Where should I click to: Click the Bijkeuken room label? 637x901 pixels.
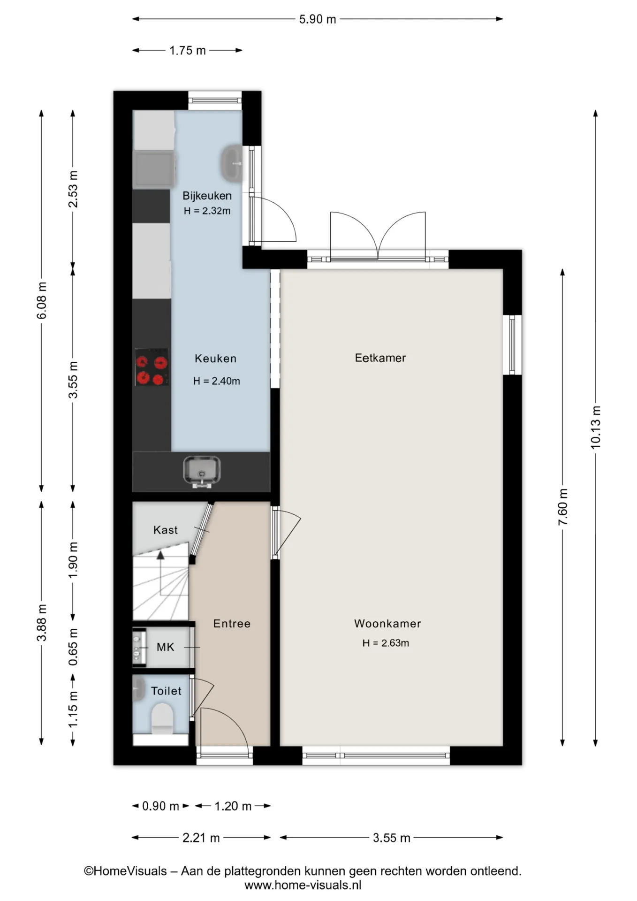pyautogui.click(x=207, y=196)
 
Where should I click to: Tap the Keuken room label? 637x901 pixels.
pyautogui.click(x=215, y=359)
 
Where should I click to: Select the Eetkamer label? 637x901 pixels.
pyautogui.click(x=380, y=358)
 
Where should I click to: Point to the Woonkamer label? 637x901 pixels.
pyautogui.click(x=387, y=624)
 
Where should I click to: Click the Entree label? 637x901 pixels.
pyautogui.click(x=232, y=624)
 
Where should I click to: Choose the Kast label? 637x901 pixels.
pyautogui.click(x=166, y=530)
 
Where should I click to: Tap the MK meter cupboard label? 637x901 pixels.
pyautogui.click(x=165, y=647)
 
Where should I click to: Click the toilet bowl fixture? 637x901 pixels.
pyautogui.click(x=162, y=718)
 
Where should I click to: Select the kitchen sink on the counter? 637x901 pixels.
pyautogui.click(x=202, y=471)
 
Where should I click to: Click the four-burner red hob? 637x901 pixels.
pyautogui.click(x=152, y=367)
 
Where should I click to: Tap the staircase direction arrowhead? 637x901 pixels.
pyautogui.click(x=160, y=555)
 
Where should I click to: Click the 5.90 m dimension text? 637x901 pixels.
pyautogui.click(x=318, y=19)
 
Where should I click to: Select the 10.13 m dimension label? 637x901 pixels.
pyautogui.click(x=595, y=427)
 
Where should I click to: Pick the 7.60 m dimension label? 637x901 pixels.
pyautogui.click(x=562, y=507)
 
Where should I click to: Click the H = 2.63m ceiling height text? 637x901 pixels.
pyautogui.click(x=386, y=643)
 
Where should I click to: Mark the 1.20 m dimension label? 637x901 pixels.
pyautogui.click(x=233, y=806)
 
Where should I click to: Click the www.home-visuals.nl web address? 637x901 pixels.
pyautogui.click(x=303, y=886)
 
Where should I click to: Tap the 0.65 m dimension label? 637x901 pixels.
pyautogui.click(x=73, y=647)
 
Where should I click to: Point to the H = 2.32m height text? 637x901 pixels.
pyautogui.click(x=207, y=211)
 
